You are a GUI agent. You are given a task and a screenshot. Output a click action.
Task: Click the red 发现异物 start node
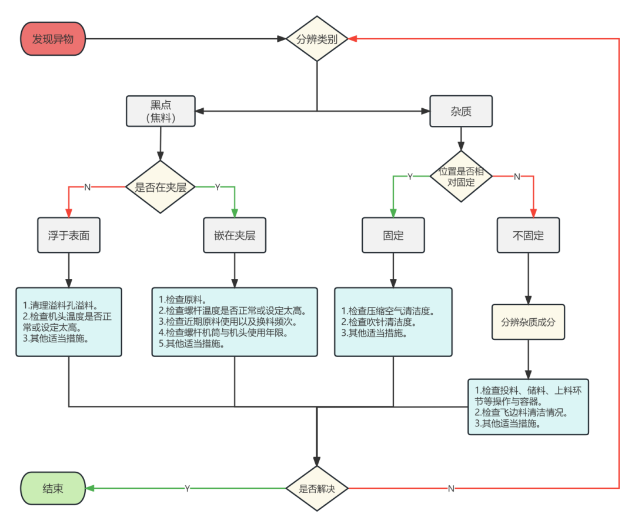pyautogui.click(x=53, y=39)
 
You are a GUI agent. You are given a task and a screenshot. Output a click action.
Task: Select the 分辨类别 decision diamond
pyautogui.click(x=317, y=39)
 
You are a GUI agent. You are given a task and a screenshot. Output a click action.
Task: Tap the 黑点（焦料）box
pyautogui.click(x=161, y=111)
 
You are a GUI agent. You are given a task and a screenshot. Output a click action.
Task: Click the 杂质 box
pyautogui.click(x=461, y=111)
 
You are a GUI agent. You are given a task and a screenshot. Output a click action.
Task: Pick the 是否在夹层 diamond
pyautogui.click(x=161, y=188)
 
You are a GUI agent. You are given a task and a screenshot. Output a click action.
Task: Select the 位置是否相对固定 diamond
pyautogui.click(x=461, y=176)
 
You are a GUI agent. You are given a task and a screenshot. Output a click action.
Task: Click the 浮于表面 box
pyautogui.click(x=69, y=235)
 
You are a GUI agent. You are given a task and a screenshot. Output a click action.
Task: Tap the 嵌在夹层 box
pyautogui.click(x=235, y=235)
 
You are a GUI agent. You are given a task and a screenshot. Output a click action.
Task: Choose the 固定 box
pyautogui.click(x=393, y=235)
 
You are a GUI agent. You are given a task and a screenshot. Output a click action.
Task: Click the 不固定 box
pyautogui.click(x=528, y=235)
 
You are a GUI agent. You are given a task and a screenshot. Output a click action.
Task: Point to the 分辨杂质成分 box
pyautogui.click(x=528, y=322)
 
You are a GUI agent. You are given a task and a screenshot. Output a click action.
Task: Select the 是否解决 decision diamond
pyautogui.click(x=317, y=488)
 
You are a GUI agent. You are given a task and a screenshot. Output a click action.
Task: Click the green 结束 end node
pyautogui.click(x=53, y=488)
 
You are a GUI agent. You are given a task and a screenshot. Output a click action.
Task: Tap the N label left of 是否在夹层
pyautogui.click(x=88, y=187)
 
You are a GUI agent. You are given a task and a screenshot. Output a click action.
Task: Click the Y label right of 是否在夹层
pyautogui.click(x=217, y=187)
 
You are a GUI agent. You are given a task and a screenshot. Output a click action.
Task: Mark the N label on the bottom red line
pyautogui.click(x=451, y=488)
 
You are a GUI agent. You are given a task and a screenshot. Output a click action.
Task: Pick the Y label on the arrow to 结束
pyautogui.click(x=187, y=488)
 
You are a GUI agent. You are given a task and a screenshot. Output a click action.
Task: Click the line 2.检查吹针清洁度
pyautogui.click(x=379, y=322)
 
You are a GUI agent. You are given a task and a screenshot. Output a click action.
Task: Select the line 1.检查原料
pyautogui.click(x=182, y=299)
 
